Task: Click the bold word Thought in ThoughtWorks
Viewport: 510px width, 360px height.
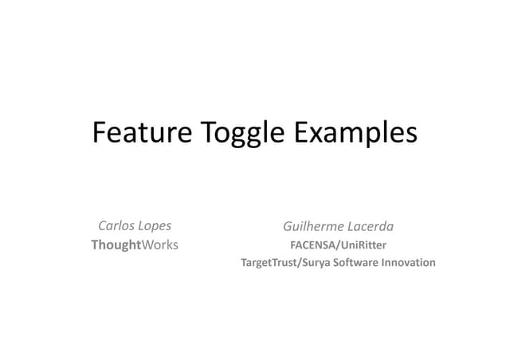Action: [x=116, y=245]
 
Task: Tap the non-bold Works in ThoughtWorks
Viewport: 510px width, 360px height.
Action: [x=159, y=245]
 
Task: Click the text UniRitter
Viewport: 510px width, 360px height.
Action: [x=363, y=245]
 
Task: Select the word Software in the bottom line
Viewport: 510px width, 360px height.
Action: [x=358, y=262]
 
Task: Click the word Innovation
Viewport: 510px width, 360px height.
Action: [x=410, y=262]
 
